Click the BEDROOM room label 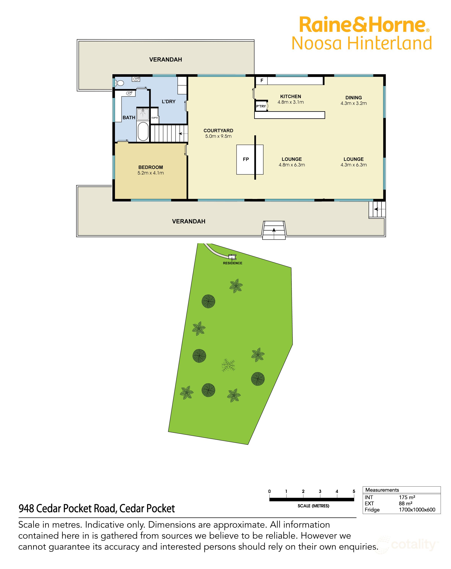pos(151,167)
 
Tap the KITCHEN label pos(291,97)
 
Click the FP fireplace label pos(246,159)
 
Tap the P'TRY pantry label pos(261,106)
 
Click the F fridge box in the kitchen pos(262,80)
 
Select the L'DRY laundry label pos(169,102)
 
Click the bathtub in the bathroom pos(143,131)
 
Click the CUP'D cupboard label pos(155,118)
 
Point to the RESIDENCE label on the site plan pos(232,263)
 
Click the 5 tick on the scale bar pos(354,491)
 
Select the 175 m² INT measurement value pos(407,498)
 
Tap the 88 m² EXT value pos(405,504)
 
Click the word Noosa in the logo pos(317,44)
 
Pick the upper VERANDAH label pos(166,60)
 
